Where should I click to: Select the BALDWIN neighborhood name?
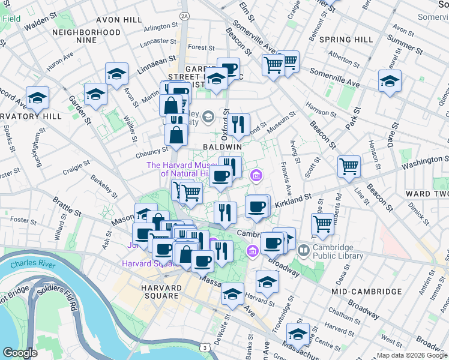coord(222,146)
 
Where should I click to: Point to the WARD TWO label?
coord(426,194)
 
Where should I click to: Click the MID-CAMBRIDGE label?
coord(366,292)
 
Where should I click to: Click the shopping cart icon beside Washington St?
coord(349,166)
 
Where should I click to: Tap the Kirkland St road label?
coord(293,202)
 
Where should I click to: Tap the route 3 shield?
coord(206,347)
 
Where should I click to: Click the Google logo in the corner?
coord(20,352)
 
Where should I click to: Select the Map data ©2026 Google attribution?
coord(412,355)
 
